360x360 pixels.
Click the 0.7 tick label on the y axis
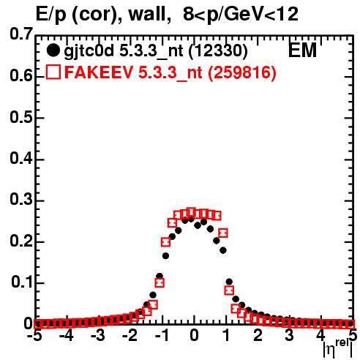(21, 34)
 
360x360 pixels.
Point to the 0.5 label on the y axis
(21, 117)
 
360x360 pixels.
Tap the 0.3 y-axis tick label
(21, 200)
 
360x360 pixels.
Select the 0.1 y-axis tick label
(22, 282)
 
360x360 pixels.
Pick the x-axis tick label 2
(258, 336)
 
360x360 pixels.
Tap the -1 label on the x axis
(162, 336)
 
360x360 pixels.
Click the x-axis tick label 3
(290, 336)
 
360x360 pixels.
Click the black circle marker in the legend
(53, 50)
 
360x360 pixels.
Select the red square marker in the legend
(53, 72)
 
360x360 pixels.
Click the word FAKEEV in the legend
(99, 72)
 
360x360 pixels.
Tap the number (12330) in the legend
(218, 51)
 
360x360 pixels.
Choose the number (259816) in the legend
(242, 72)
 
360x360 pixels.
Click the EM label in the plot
(302, 50)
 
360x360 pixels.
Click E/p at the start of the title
(50, 15)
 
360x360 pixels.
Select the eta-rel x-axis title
(338, 349)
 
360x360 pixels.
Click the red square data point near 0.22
(223, 233)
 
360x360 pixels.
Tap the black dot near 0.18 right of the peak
(223, 250)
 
